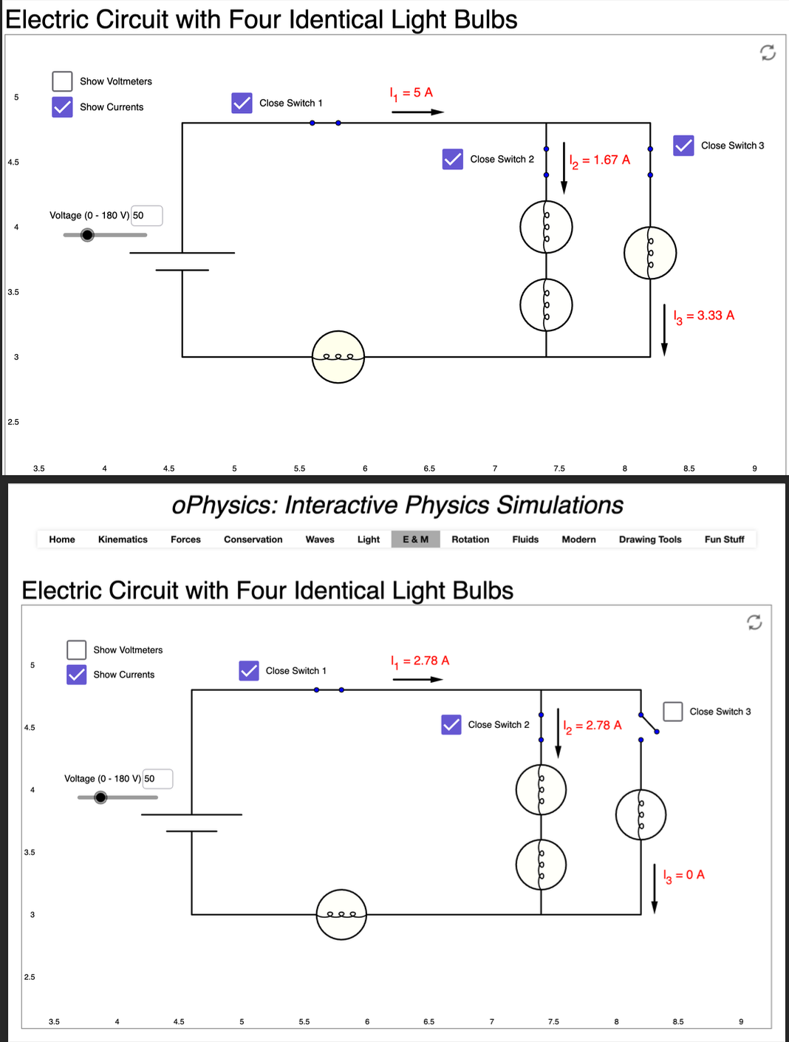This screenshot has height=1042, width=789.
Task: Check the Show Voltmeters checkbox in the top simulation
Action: (62, 81)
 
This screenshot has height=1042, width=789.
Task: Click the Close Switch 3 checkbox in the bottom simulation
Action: (672, 712)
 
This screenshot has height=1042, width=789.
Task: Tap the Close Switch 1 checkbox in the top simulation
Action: (242, 103)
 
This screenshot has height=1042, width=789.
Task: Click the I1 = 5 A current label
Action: (411, 93)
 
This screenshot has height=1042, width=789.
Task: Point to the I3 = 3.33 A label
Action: (703, 316)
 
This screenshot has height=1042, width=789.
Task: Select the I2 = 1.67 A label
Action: (599, 160)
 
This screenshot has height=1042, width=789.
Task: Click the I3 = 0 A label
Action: (683, 875)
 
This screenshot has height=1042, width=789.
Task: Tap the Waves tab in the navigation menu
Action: (319, 539)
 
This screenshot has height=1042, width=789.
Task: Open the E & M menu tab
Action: (415, 539)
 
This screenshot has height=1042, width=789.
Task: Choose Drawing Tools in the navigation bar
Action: (650, 539)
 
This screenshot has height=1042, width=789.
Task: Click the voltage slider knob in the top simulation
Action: (87, 235)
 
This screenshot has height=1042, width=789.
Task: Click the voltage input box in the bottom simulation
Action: (157, 779)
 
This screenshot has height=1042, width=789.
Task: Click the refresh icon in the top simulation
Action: (768, 52)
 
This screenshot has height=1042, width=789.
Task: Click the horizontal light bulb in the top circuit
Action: (338, 357)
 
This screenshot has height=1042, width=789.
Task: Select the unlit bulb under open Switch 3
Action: (641, 814)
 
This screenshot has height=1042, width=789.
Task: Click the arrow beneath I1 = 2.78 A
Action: (417, 679)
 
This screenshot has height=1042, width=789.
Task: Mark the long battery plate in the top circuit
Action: (182, 253)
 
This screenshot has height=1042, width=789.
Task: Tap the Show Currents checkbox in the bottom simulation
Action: (77, 675)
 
